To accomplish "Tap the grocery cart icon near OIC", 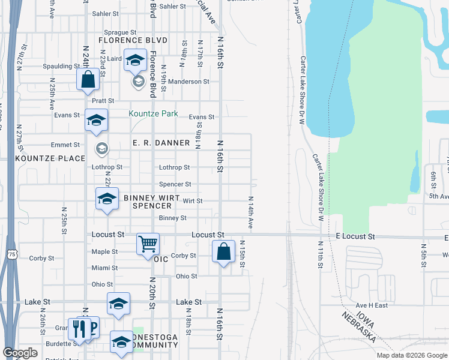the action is coord(148,244).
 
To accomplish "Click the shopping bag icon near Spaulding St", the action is coord(88,79).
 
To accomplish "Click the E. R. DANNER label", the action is coord(161,143).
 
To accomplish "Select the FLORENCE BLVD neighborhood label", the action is coord(132,41).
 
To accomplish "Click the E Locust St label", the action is coord(355,237).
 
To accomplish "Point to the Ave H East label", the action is coord(372,305).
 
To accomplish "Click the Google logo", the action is coord(20,352).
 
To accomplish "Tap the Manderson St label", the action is coord(188,82).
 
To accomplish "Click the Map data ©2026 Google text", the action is coord(411,355).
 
